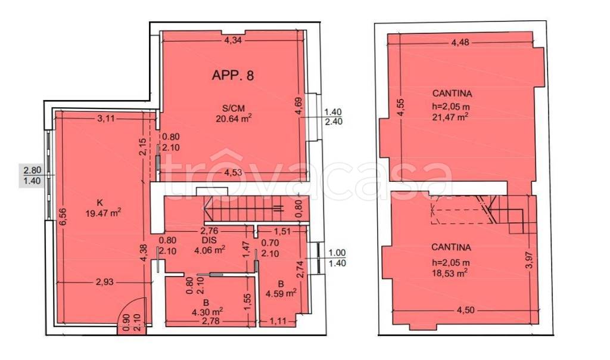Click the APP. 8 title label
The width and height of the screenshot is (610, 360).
pos(233,75)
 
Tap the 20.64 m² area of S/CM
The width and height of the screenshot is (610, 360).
pos(234,119)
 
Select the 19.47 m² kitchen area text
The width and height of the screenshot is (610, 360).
pos(103,213)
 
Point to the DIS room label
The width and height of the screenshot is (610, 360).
pos(209,240)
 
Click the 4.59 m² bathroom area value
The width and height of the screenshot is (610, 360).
pos(281,293)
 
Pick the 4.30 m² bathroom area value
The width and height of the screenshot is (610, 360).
pos(207,311)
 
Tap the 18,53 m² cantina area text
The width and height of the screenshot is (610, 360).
pos(450,273)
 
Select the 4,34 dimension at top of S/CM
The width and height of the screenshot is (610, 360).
pos(234,40)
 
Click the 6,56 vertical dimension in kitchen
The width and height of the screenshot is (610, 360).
pos(64,217)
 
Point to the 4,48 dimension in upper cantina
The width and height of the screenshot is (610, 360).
pos(460,42)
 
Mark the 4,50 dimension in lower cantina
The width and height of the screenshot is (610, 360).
pos(465,310)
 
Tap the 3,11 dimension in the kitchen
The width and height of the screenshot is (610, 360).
pos(106,118)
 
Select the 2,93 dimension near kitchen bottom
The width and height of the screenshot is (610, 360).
pos(105,282)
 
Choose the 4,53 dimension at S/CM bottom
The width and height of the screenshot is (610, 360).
pos(234,172)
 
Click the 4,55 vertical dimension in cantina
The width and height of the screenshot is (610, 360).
pos(402,108)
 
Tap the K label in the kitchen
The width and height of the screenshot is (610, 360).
pos(99,203)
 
